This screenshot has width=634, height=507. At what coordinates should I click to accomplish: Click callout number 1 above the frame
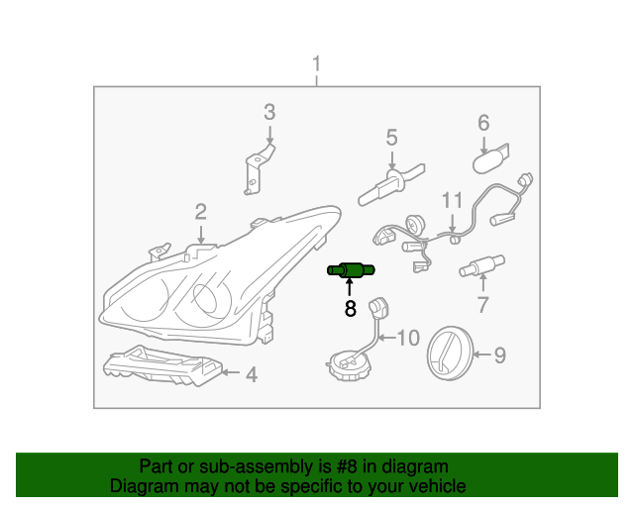pos(317,66)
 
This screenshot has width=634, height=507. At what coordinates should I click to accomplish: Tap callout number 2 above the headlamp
pos(200,211)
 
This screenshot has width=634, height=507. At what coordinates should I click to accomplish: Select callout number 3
pos(268,112)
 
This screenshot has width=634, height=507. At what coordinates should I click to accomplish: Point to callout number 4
pos(252,374)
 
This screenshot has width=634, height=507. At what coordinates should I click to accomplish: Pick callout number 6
pos(484,123)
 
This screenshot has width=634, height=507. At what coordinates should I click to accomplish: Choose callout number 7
pos(482,303)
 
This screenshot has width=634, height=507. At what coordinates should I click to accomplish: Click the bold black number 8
pos(350,308)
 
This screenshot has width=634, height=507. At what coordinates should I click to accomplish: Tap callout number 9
pos(499,354)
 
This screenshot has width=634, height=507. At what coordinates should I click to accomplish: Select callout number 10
pos(408,338)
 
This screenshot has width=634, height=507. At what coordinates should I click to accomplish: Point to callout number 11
pos(452,199)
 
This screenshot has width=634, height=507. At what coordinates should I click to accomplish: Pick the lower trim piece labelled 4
pos(163,369)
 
